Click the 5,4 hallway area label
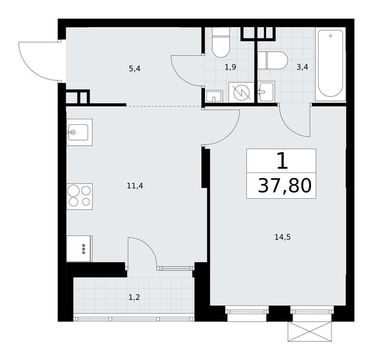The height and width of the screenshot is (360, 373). pyautogui.click(x=135, y=69)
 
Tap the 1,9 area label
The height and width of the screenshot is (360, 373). pyautogui.click(x=230, y=67)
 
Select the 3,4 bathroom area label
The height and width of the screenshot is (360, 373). pyautogui.click(x=302, y=67)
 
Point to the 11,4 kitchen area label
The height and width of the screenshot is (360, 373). pyautogui.click(x=135, y=186)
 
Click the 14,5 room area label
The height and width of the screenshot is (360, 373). pyautogui.click(x=282, y=237)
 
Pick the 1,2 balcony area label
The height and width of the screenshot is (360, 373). pyautogui.click(x=134, y=297)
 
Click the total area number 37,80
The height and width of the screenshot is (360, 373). pyautogui.click(x=284, y=186)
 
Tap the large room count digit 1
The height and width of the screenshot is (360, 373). pyautogui.click(x=282, y=161)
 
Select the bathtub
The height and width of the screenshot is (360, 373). pyautogui.click(x=331, y=64)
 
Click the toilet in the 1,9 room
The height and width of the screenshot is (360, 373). pyautogui.click(x=221, y=43)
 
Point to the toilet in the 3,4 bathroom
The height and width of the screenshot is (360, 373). pyautogui.click(x=273, y=60)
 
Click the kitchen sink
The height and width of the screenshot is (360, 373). pyautogui.click(x=79, y=132)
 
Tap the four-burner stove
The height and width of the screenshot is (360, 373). pyautogui.click(x=79, y=196)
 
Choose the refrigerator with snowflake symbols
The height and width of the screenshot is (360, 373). pyautogui.click(x=79, y=248)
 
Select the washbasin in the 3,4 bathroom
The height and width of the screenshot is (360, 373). pyautogui.click(x=266, y=91)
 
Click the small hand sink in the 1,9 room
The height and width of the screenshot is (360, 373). pyautogui.click(x=214, y=97)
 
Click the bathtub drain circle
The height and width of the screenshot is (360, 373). pyautogui.click(x=331, y=36)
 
